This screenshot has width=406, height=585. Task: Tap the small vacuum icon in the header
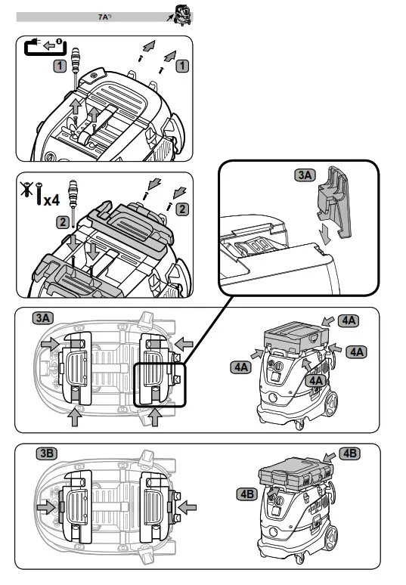pos(183,15)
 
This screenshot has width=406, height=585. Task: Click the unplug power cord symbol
pos(45,47)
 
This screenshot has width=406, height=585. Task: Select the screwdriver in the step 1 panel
pos(76,67)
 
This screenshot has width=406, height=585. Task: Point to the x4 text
pos(51,200)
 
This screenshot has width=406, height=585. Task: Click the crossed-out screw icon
pos(26,189)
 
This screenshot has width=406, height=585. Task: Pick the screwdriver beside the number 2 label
pos(73,203)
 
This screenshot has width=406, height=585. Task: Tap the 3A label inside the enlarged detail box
pos(305,175)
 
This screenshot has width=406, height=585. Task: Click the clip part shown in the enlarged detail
pos(334,203)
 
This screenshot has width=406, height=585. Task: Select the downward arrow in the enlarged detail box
pos(324,234)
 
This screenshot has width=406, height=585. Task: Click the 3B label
pos(47,453)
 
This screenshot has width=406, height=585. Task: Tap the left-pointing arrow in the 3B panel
pos(187,507)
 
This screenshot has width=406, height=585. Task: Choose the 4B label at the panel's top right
pos(349,453)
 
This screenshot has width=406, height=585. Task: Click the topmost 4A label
pos(349,320)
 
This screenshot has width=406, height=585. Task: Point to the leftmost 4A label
pos(241,367)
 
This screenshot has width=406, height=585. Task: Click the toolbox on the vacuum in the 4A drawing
pos(296,338)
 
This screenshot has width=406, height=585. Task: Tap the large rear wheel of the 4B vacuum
pos(330,538)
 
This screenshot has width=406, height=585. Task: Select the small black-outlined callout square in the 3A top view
pos(160,385)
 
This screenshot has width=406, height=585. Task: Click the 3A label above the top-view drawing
pos(43,318)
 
